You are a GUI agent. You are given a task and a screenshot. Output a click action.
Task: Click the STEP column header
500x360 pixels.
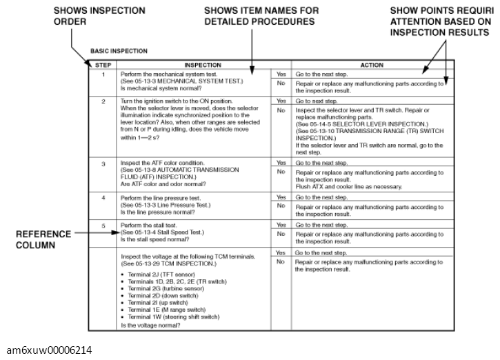tap(101, 64)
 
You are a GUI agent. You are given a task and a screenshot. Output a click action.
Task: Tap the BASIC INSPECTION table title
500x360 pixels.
tap(119, 52)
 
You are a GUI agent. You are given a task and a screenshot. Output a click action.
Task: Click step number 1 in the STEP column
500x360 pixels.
tap(102, 73)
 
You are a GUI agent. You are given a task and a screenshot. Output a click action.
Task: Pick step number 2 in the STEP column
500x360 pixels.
tap(102, 101)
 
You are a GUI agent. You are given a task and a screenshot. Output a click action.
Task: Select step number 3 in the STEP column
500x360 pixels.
tap(102, 164)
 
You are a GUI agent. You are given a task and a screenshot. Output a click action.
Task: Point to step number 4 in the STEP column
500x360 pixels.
tap(102, 198)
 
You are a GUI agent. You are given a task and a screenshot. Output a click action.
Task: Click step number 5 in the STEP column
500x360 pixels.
tap(102, 226)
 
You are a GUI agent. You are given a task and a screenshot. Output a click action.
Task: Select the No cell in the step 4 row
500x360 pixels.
tap(281, 206)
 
